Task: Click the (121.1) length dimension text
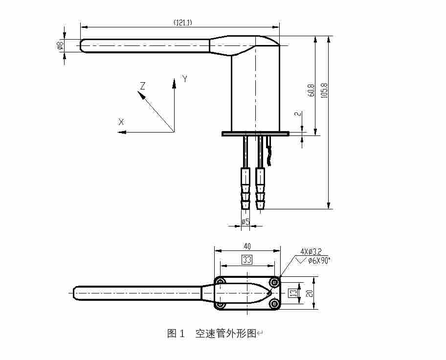tap(182, 22)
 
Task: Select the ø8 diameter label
tap(59, 45)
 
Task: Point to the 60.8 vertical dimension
tap(311, 90)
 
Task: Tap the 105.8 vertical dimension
tap(323, 90)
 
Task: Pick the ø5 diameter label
tap(245, 222)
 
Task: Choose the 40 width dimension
tap(247, 246)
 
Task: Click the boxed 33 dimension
tap(247, 260)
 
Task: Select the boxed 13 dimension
tap(292, 293)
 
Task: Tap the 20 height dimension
tap(309, 292)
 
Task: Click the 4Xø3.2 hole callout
tap(311, 252)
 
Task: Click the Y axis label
tap(185, 78)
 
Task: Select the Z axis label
tap(142, 86)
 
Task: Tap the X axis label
tap(121, 122)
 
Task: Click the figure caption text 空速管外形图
tap(225, 334)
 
